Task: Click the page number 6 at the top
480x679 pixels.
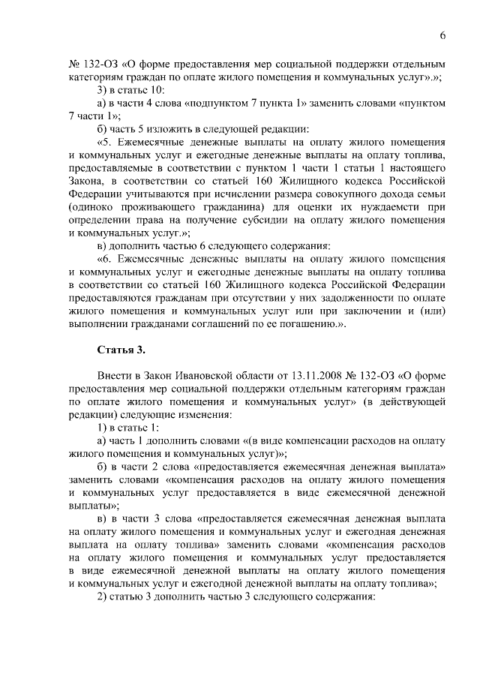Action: click(x=442, y=35)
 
